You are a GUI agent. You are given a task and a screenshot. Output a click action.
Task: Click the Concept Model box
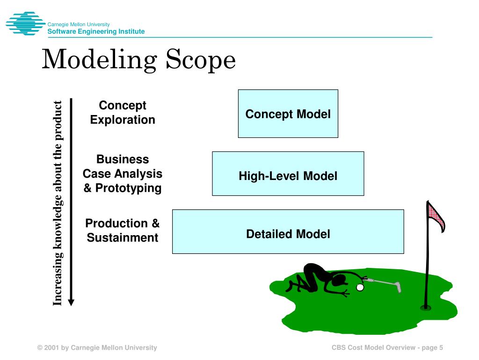(x=288, y=114)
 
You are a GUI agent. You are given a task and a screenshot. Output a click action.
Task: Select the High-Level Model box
(x=288, y=173)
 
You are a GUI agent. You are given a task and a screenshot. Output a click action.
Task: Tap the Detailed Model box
(x=288, y=231)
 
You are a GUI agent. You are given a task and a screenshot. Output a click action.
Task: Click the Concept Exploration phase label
(x=123, y=113)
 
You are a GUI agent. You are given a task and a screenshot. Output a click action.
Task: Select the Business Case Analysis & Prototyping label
(x=123, y=173)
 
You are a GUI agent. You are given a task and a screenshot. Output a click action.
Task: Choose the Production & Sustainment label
(x=123, y=230)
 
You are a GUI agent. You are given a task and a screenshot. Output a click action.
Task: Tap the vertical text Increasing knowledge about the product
(x=57, y=203)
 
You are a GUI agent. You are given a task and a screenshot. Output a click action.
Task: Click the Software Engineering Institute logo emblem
(x=25, y=23)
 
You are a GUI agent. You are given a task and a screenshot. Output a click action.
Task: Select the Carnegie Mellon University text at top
(x=78, y=24)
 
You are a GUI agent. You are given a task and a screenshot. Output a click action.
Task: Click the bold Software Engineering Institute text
(x=96, y=31)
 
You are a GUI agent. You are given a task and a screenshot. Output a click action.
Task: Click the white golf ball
(x=359, y=288)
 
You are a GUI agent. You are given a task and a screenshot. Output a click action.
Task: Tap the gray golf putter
(x=384, y=283)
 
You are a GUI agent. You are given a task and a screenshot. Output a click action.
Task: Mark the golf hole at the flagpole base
(x=425, y=308)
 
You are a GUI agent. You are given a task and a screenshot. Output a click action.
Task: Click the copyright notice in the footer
(x=97, y=347)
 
